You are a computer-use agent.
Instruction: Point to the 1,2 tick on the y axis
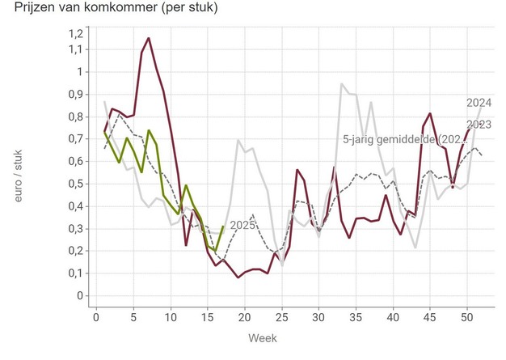click(74, 33)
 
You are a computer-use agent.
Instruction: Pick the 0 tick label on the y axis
click(81, 296)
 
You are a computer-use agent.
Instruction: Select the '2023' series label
click(479, 124)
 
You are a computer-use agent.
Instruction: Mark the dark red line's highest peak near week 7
click(149, 38)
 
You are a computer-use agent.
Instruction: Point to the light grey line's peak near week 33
click(342, 84)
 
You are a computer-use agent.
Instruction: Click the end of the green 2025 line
click(223, 227)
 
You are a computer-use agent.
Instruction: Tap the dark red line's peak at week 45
click(431, 113)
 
